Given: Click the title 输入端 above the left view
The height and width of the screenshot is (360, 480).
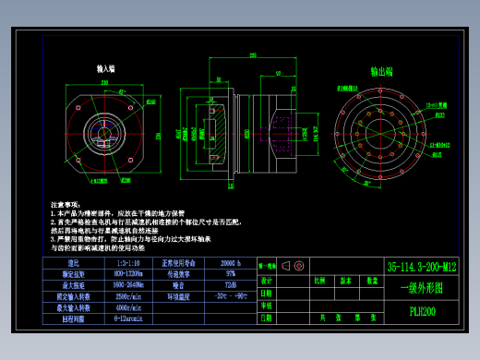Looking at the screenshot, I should click(106, 69).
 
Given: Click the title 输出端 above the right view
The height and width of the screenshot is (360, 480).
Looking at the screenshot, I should click(381, 69).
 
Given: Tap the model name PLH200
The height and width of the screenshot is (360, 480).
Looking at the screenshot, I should click(423, 310).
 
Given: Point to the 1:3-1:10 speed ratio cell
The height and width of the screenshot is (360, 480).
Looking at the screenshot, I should click(129, 263).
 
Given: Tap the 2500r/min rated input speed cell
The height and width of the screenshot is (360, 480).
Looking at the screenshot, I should click(129, 297).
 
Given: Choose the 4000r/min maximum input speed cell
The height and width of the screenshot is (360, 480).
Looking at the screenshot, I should click(129, 308).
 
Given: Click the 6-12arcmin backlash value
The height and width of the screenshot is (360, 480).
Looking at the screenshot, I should click(129, 319).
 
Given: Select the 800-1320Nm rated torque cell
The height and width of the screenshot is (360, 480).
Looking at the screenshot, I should click(129, 274).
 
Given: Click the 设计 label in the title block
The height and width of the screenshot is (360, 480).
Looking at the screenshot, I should click(267, 280).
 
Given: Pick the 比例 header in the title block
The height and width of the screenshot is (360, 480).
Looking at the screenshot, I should click(319, 280).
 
